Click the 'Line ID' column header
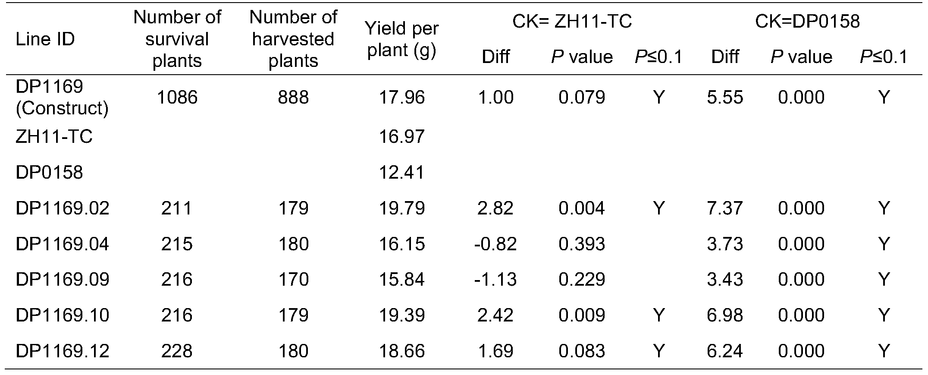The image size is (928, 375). (45, 39)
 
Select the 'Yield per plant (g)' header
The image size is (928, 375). (401, 39)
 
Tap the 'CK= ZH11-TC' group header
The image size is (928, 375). (572, 21)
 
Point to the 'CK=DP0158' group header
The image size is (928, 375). (807, 21)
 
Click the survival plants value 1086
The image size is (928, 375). (177, 98)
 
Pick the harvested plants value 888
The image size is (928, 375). (293, 98)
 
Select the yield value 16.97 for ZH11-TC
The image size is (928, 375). (401, 137)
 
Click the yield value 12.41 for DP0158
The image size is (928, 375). (401, 173)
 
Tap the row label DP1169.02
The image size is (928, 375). (63, 208)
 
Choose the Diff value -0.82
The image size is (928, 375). (495, 244)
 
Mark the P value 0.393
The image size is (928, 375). (582, 244)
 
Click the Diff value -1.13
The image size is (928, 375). (495, 280)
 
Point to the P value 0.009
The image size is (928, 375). (582, 315)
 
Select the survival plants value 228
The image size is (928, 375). (177, 351)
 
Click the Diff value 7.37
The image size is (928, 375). (725, 208)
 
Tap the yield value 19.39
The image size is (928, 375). (401, 315)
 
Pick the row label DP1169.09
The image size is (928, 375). (63, 280)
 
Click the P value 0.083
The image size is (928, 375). (582, 351)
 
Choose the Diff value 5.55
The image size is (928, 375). (725, 98)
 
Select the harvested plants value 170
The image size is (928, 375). (293, 280)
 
